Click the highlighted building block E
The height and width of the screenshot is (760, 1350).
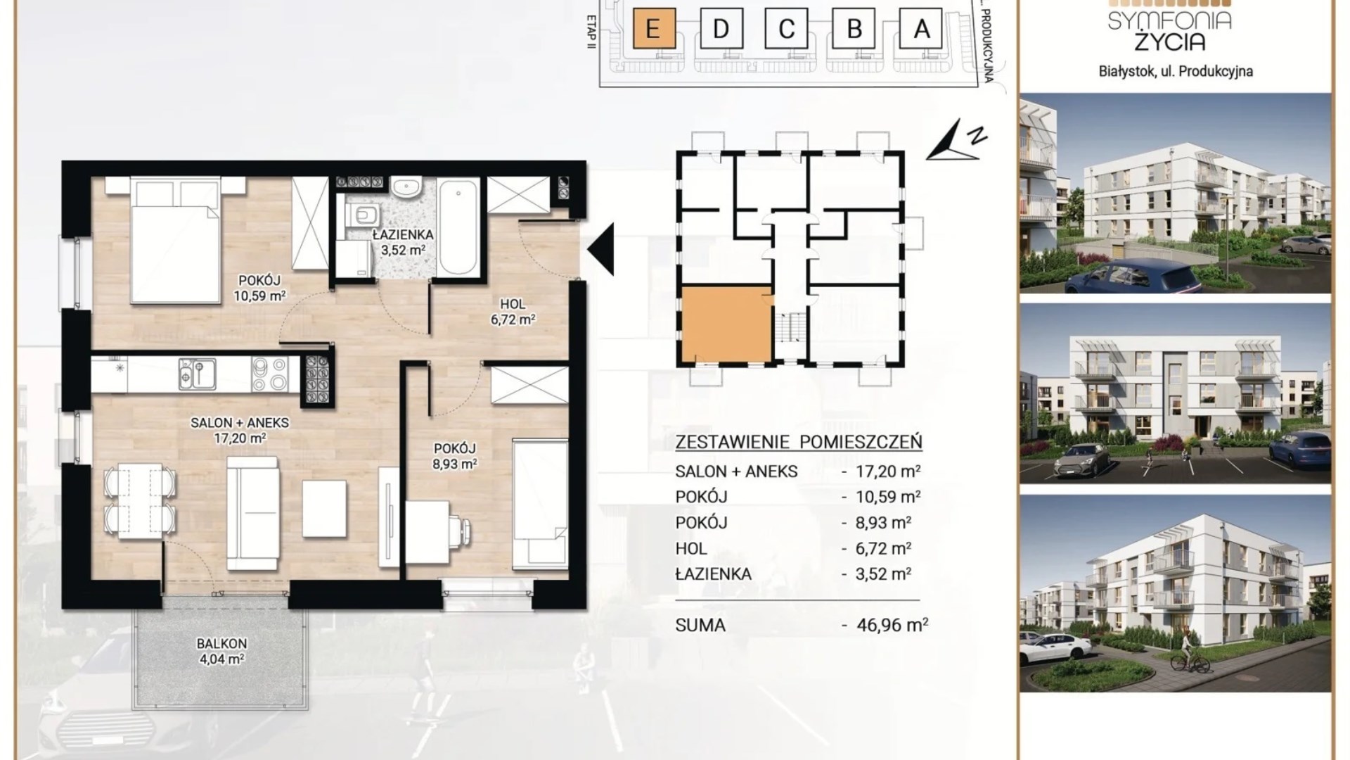pos(654,28)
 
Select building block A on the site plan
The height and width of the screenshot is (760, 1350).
pos(921,28)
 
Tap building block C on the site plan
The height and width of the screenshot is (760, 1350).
pos(786,28)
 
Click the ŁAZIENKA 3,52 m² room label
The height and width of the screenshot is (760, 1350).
pos(403,241)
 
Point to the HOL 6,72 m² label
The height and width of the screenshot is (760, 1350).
pos(513,312)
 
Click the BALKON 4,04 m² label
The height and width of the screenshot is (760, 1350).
pos(221,651)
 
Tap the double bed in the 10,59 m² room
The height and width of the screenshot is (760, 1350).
pos(175,239)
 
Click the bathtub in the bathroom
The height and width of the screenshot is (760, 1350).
pos(459,227)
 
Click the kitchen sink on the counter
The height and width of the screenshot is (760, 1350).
pos(196,374)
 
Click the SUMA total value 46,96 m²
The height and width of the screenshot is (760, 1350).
pos(893,624)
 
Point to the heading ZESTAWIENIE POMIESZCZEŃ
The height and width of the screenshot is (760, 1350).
pos(799,443)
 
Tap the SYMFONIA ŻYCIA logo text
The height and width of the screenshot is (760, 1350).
pos(1170,30)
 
